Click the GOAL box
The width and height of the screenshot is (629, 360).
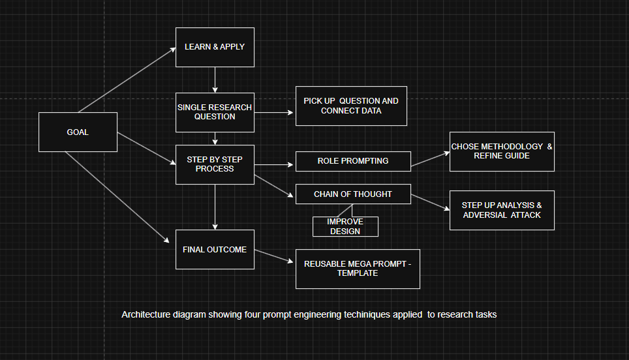point(78,132)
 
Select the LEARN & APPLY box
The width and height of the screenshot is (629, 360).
point(215,47)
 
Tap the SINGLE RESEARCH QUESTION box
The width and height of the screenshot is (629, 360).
point(215,112)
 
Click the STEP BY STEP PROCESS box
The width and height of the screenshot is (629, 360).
point(215,164)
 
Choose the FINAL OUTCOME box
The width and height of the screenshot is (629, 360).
point(215,249)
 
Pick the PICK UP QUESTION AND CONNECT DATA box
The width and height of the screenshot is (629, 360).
point(351,106)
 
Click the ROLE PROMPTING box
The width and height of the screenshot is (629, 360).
point(353,161)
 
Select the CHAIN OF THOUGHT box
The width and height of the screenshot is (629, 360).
point(353,194)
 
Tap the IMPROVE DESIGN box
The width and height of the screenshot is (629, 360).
point(345,226)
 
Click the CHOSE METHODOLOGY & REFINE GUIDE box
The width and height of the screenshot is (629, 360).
point(502,151)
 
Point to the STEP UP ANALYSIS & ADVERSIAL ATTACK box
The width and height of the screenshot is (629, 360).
point(502,210)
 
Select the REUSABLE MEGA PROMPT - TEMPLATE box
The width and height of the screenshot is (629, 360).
point(358,269)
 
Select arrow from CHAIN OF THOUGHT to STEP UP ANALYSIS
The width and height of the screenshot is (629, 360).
point(430,202)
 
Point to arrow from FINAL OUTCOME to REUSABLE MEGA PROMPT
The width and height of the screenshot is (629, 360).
point(274,256)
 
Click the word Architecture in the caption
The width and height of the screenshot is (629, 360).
point(143,315)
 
